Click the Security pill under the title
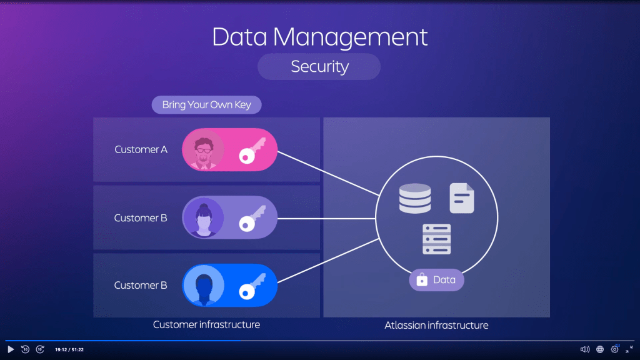319,66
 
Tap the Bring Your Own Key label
206,104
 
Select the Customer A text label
141,150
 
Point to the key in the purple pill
252,218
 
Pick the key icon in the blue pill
252,286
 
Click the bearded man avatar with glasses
203,150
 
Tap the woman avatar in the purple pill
203,218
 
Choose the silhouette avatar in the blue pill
203,286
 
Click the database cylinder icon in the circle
414,199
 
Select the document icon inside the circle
462,199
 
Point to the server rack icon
437,239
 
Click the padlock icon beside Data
422,280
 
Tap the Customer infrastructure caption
206,324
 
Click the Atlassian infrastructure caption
436,325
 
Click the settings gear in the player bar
614,349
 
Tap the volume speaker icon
584,349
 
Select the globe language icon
600,349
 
